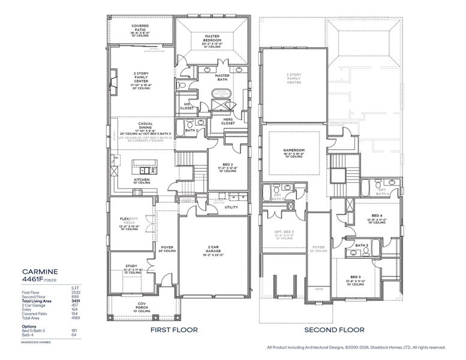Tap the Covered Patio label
pos(140,26)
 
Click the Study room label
pos(131,266)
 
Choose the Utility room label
pos(232,208)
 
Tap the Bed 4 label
pos(377,215)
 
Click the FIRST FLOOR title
pos(175,330)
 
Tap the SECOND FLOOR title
pos(333,330)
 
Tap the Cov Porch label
pos(141,306)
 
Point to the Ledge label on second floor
pos(318,289)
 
